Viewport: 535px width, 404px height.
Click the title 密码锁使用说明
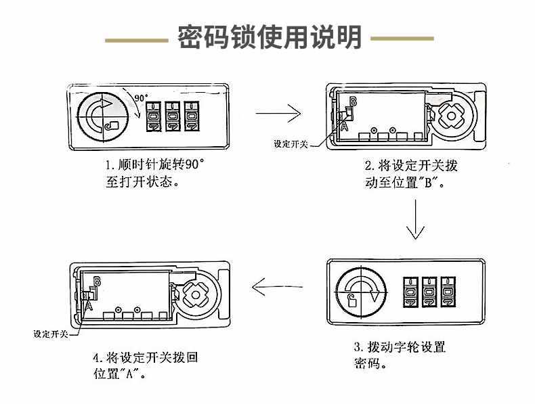(x=270, y=37)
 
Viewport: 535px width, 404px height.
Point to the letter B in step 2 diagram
(x=351, y=102)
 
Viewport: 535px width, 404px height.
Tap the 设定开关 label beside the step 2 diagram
(x=291, y=144)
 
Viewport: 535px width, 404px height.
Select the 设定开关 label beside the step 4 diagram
(x=51, y=334)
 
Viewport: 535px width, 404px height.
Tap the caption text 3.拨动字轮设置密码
(x=400, y=355)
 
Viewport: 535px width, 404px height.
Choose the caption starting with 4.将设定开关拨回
(x=145, y=365)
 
